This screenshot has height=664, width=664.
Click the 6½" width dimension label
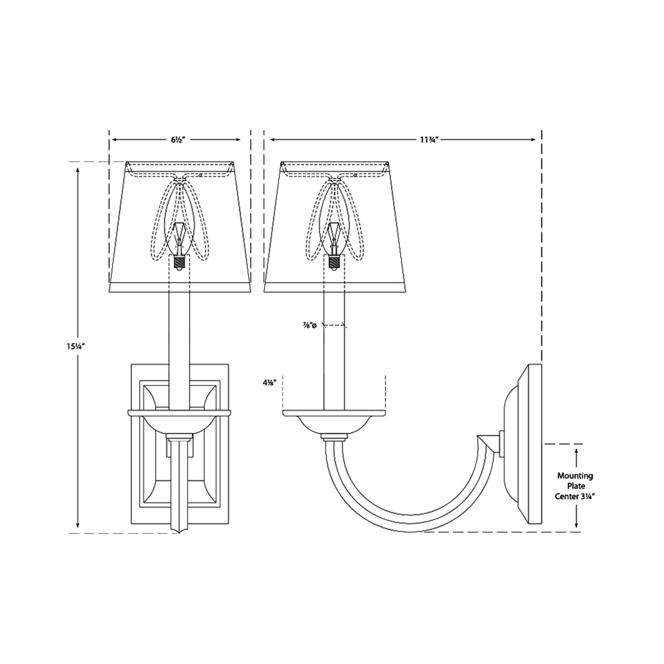[178, 140]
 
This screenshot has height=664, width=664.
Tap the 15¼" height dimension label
[76, 346]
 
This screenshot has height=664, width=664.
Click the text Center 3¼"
[575, 497]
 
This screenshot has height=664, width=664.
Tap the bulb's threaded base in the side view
[334, 263]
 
